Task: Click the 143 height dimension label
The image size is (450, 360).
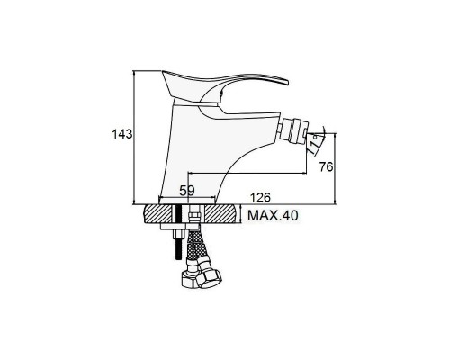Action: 122,134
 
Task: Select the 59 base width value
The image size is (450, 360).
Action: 187,190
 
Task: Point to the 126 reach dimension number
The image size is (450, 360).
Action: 260,197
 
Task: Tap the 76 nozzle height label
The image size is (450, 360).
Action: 326,166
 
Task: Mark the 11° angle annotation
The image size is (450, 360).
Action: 314,145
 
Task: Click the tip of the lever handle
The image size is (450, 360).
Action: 287,82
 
